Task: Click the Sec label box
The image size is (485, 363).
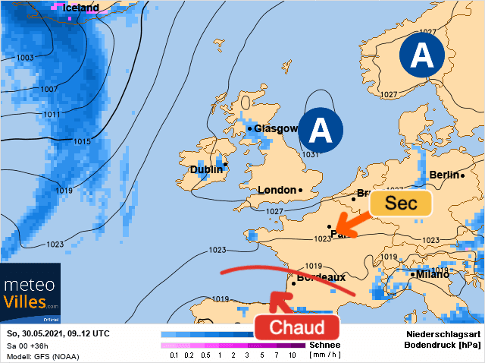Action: click(x=400, y=204)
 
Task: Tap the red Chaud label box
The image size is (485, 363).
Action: click(x=297, y=327)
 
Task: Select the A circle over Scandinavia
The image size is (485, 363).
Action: click(x=421, y=56)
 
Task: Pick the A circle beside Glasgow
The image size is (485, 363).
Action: click(x=320, y=131)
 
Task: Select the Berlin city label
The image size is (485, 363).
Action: click(x=444, y=175)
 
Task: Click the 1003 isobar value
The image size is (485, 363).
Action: click(x=25, y=58)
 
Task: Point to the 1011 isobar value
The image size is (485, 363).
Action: click(x=51, y=115)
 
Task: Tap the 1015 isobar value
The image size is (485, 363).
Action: click(x=83, y=142)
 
